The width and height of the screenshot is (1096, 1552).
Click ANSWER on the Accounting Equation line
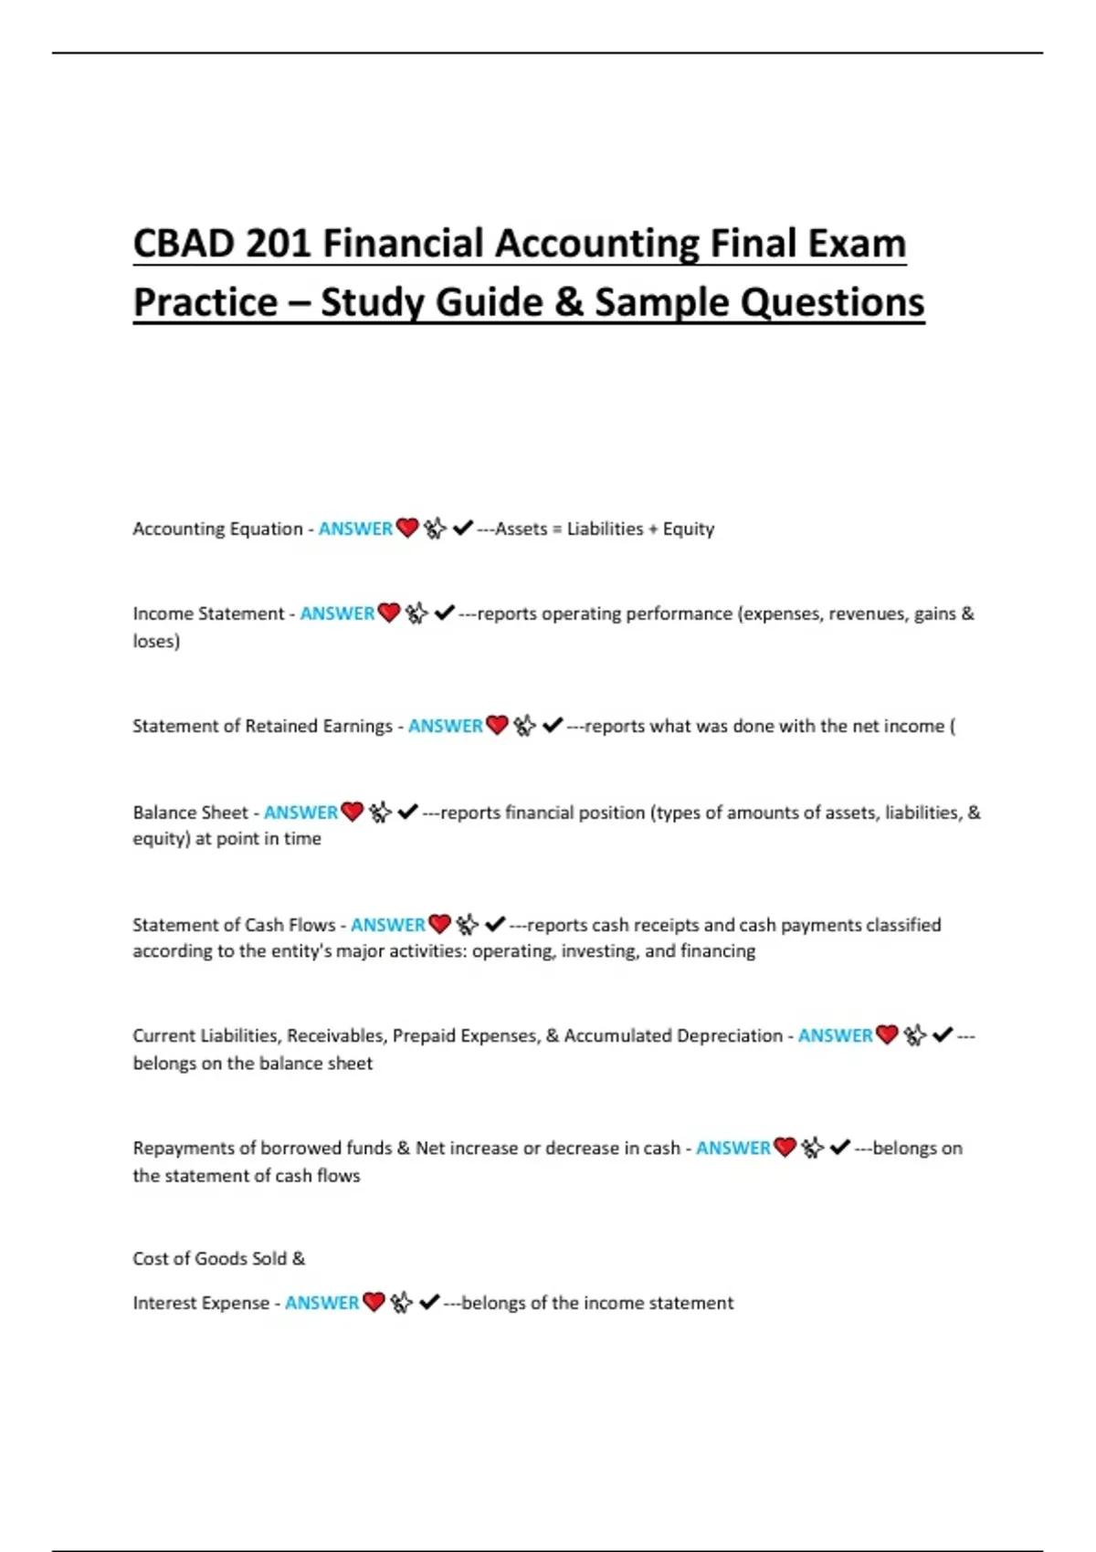pyautogui.click(x=355, y=529)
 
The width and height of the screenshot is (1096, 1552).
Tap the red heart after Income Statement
pyautogui.click(x=389, y=613)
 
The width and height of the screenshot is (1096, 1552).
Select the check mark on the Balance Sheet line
pyautogui.click(x=408, y=812)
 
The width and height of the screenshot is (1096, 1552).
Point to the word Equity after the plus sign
pyautogui.click(x=689, y=530)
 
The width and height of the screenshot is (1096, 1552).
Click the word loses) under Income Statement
pyautogui.click(x=156, y=641)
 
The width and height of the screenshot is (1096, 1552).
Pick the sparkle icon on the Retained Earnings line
pyautogui.click(x=524, y=726)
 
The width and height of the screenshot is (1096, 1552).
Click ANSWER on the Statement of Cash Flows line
pyautogui.click(x=388, y=925)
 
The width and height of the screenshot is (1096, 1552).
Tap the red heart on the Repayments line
pyautogui.click(x=785, y=1148)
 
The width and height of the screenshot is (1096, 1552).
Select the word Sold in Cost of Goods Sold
pyautogui.click(x=269, y=1258)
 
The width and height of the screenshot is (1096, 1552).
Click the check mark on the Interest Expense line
pyautogui.click(x=429, y=1302)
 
